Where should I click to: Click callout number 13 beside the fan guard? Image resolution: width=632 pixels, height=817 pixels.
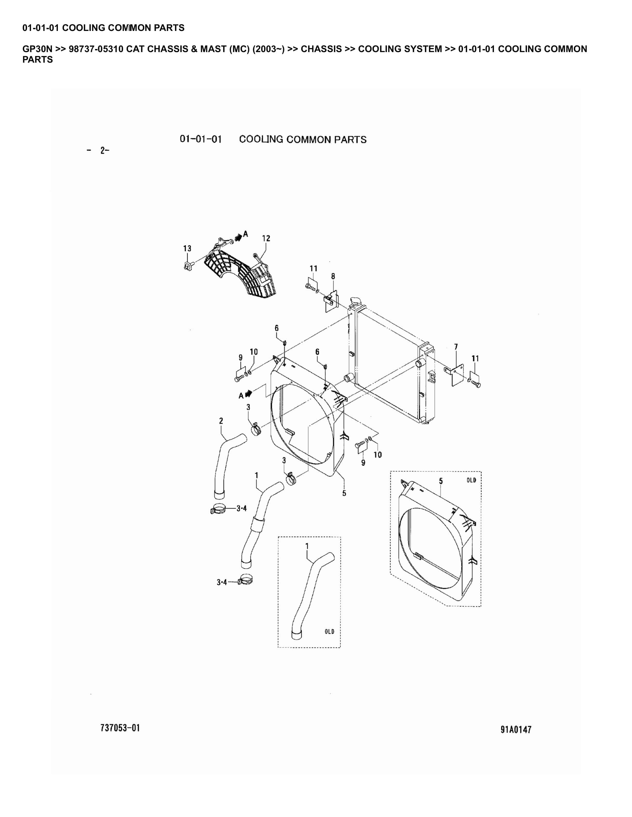pyautogui.click(x=187, y=248)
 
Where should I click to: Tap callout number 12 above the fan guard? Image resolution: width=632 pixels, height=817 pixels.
pyautogui.click(x=266, y=238)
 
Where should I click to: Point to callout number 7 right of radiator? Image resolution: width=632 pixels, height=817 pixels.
pyautogui.click(x=456, y=347)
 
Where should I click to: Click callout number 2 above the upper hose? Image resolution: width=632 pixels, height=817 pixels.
pyautogui.click(x=221, y=421)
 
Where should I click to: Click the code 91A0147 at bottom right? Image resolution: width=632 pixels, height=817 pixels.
pyautogui.click(x=516, y=730)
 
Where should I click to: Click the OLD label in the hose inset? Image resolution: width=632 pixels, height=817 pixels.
pyautogui.click(x=329, y=632)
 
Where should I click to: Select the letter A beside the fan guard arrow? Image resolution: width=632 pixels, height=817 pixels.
pyautogui.click(x=246, y=234)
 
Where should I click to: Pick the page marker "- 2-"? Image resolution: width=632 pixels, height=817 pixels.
pyautogui.click(x=98, y=151)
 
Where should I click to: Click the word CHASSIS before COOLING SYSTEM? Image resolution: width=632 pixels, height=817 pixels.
pyautogui.click(x=321, y=49)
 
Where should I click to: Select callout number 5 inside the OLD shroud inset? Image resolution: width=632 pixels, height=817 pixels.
pyautogui.click(x=441, y=481)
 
